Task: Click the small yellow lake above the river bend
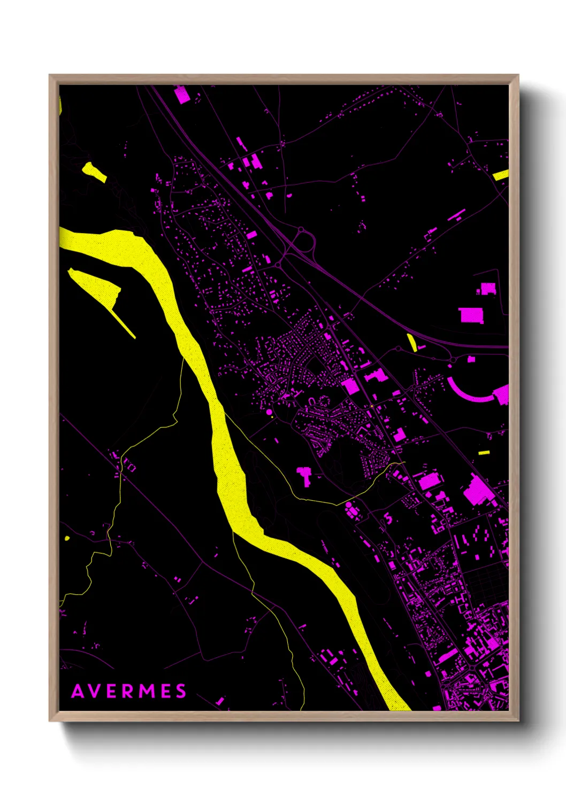click(94, 172)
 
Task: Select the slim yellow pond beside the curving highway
click(412, 342)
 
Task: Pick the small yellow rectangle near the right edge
click(484, 453)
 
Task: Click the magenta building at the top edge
click(182, 95)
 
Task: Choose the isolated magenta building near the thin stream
click(304, 474)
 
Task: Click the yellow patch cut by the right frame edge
click(501, 175)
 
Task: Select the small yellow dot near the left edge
click(67, 538)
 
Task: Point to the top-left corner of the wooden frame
click(50, 76)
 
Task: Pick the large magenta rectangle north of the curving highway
click(471, 315)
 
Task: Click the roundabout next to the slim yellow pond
click(399, 349)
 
